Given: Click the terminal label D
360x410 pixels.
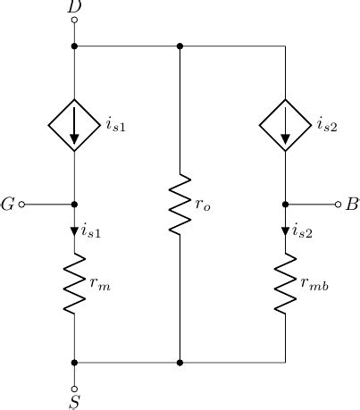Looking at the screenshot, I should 74,8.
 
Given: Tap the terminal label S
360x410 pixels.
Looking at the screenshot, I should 74,402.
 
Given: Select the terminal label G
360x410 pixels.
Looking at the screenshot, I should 8,205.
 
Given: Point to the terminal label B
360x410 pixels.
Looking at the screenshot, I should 352,205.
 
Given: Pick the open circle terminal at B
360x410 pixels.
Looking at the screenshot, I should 338,205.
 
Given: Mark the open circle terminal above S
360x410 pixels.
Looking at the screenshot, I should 74,386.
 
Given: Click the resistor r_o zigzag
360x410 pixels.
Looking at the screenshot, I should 180,205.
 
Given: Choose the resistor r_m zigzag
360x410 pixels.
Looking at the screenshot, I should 74,283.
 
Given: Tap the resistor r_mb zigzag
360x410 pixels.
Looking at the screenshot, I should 285,283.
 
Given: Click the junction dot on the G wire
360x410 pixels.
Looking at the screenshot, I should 74,205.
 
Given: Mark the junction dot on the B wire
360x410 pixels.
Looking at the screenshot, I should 285,205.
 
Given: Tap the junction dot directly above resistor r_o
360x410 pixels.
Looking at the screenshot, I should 180,46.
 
